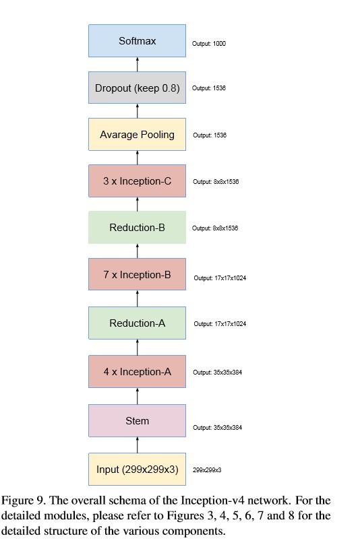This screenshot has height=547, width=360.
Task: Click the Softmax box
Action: [137, 41]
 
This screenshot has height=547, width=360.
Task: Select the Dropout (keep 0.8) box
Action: [137, 88]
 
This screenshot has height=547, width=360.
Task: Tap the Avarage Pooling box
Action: [137, 135]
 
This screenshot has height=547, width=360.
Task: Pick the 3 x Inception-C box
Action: [137, 181]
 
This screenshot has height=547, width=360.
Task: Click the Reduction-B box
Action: [137, 228]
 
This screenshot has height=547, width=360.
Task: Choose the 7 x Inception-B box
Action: [137, 275]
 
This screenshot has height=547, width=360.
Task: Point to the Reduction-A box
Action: [137, 323]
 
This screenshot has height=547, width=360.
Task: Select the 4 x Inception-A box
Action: [137, 372]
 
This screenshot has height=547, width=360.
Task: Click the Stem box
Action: [137, 421]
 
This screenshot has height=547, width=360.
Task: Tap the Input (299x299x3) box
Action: [137, 470]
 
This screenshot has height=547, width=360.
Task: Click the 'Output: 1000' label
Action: [209, 44]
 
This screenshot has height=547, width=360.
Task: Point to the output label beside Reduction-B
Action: [215, 228]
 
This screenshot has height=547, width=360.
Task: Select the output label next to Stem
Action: [217, 428]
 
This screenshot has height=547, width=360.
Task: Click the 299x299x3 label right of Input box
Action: [207, 470]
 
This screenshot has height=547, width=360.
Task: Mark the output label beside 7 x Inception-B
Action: [220, 278]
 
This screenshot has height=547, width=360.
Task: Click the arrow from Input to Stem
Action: [138, 445]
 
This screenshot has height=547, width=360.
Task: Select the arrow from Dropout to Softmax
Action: [138, 65]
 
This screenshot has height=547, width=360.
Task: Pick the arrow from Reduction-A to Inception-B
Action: [138, 299]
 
